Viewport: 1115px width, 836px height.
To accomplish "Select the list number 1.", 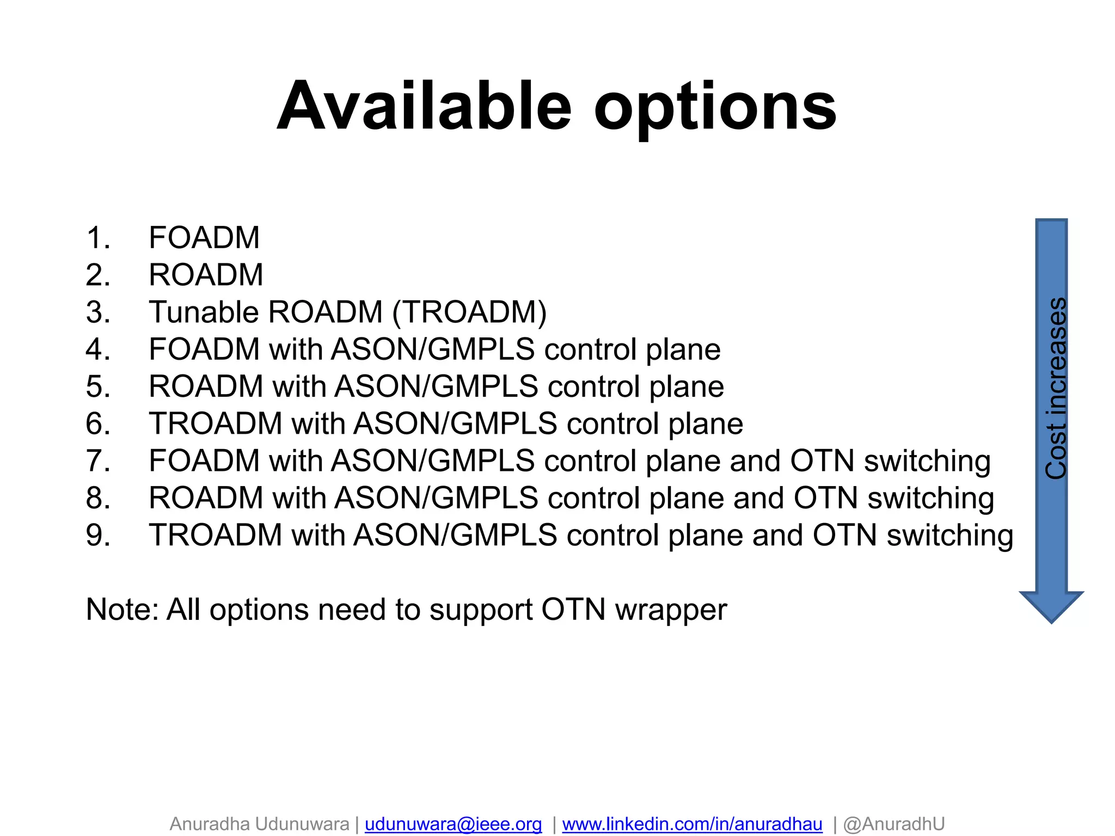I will tap(98, 238).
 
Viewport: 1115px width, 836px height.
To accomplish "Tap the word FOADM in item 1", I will tap(204, 238).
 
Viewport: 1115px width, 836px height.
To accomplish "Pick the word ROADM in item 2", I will tap(206, 275).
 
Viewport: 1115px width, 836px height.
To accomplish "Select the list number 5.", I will tap(98, 387).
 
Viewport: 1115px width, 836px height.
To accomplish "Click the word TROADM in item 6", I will tap(216, 424).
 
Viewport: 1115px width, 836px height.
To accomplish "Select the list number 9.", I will tap(98, 536).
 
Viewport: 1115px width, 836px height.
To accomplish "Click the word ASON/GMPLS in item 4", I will tap(433, 349).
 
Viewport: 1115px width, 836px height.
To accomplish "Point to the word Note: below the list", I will tap(122, 610).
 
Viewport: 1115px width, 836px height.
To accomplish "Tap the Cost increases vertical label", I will tap(1055, 388).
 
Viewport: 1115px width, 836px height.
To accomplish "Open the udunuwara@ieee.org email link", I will tap(453, 824).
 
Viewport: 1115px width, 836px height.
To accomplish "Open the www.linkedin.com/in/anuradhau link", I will tap(692, 824).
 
